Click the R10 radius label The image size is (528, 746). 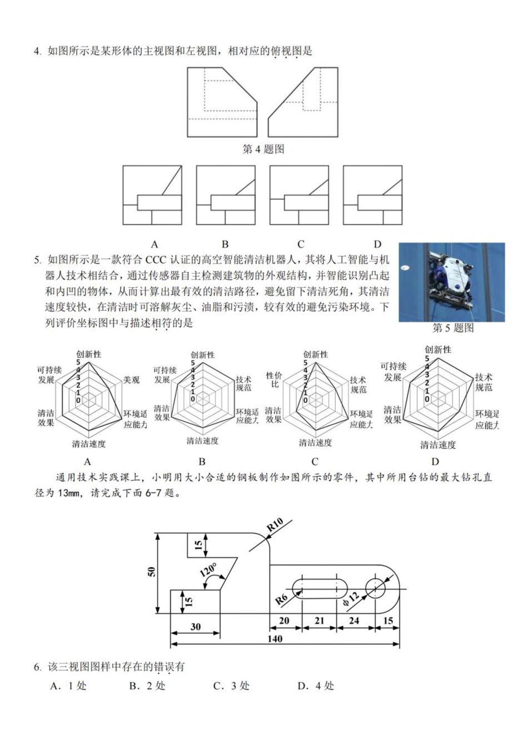(x=275, y=525)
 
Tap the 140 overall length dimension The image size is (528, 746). (x=275, y=638)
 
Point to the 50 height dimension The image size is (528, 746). (x=152, y=571)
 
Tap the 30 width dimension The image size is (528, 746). (x=196, y=627)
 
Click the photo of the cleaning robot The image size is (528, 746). (x=452, y=282)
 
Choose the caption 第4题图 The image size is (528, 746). (x=263, y=149)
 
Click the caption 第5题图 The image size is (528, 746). (x=453, y=328)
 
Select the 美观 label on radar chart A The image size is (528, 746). (x=131, y=379)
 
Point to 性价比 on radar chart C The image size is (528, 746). (x=275, y=380)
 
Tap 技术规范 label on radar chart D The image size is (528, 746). (x=484, y=382)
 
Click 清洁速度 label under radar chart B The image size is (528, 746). (x=202, y=440)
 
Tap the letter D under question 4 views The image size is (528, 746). (x=377, y=244)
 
